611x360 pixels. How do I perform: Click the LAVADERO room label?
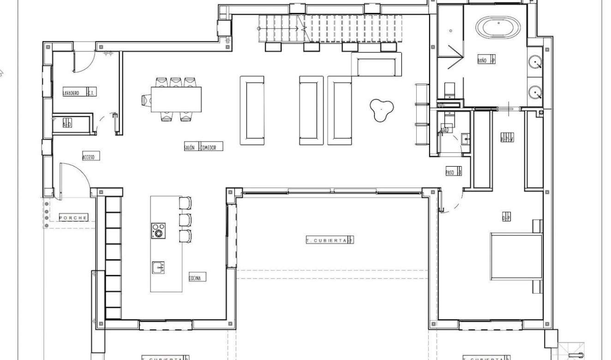(x=71, y=93)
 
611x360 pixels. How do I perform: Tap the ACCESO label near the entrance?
(x=89, y=157)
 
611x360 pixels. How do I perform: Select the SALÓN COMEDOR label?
(x=203, y=147)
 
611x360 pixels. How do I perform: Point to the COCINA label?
(x=197, y=278)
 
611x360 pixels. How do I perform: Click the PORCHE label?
(x=73, y=218)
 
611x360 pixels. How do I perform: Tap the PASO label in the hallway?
(x=450, y=172)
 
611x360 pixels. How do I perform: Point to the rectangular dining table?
(x=176, y=99)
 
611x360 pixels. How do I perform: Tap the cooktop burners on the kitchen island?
(x=158, y=231)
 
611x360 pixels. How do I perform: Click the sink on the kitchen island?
(x=158, y=267)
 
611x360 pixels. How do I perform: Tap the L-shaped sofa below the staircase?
(x=376, y=64)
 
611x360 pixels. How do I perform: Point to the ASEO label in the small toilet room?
(x=445, y=131)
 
